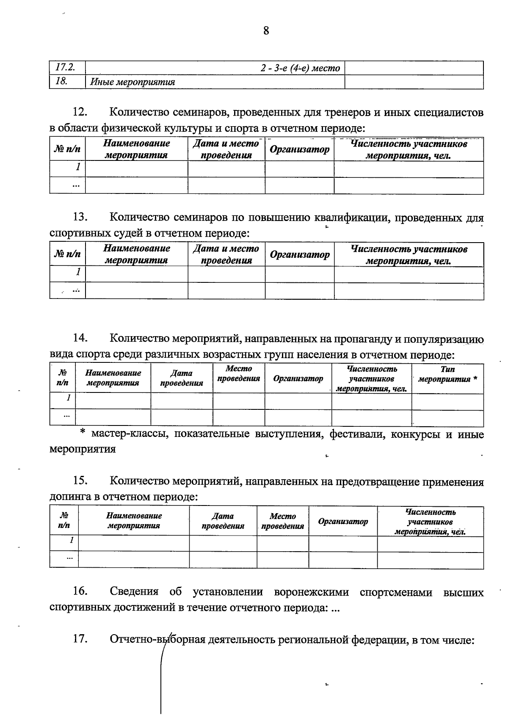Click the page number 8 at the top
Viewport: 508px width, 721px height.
[266, 31]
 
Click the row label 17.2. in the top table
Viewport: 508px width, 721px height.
[65, 67]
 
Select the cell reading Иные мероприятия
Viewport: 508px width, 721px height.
[133, 82]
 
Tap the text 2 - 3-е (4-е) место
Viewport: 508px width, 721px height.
[300, 68]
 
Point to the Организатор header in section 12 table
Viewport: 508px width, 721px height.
[299, 149]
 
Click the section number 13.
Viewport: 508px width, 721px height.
[80, 217]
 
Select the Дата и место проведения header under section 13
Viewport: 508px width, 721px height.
[226, 254]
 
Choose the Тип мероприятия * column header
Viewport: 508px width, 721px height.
[447, 374]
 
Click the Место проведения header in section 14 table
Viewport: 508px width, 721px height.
[238, 374]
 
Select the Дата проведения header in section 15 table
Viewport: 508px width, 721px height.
[223, 521]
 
